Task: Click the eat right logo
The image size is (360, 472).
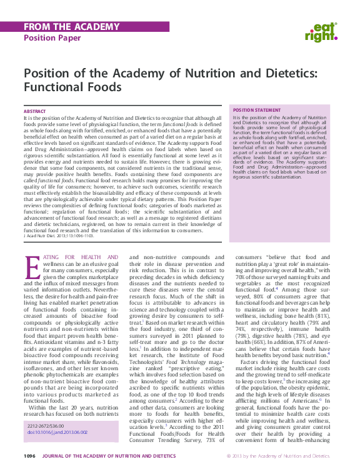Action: click(323, 31)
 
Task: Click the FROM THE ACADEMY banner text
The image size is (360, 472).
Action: click(62, 27)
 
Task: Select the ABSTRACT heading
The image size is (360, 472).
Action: click(34, 111)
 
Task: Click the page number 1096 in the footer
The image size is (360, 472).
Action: click(29, 457)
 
